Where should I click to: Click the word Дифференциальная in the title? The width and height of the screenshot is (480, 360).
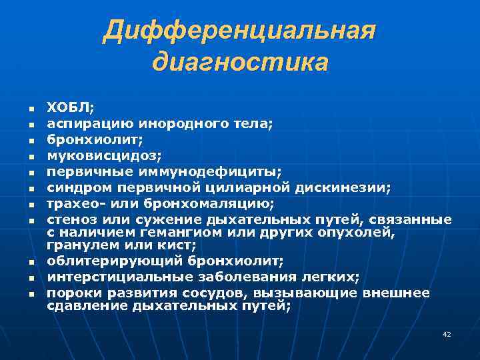(x=239, y=31)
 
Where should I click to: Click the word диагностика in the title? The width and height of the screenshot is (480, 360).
(x=239, y=63)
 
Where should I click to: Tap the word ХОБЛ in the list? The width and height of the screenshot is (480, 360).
(x=68, y=107)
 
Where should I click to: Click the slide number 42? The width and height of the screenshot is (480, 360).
(x=447, y=334)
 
